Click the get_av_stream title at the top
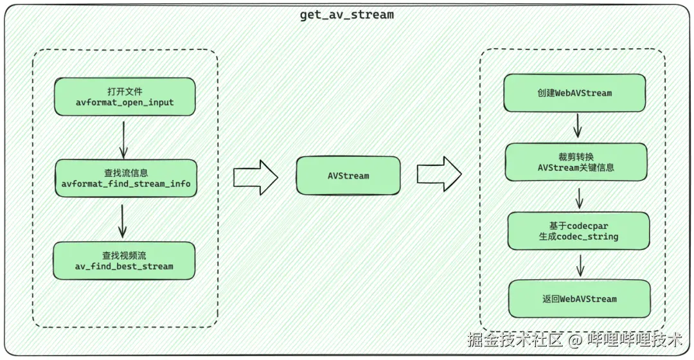346,14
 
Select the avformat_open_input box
124,97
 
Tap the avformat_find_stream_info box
126,179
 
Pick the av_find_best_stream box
124,260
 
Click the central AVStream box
348,175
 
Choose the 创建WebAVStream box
574,93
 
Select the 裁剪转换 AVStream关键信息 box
576,162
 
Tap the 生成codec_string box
578,231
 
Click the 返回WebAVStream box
579,299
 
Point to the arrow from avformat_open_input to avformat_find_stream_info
124,137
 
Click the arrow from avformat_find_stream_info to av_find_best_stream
123,220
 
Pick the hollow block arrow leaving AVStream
439,174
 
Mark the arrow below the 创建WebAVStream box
577,125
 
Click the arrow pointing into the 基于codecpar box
579,197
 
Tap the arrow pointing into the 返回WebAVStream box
580,265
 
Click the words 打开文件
124,91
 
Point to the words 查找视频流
124,255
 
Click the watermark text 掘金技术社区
515,339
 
